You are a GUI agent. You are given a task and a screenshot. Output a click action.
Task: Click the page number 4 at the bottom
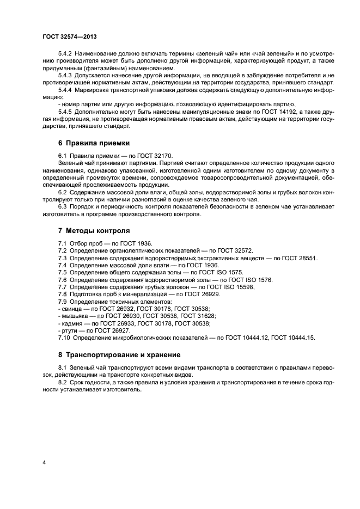[x=44, y=463]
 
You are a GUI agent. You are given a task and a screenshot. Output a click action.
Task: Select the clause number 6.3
[x=64, y=206]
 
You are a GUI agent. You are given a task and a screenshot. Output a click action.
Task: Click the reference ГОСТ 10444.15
[x=292, y=338]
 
